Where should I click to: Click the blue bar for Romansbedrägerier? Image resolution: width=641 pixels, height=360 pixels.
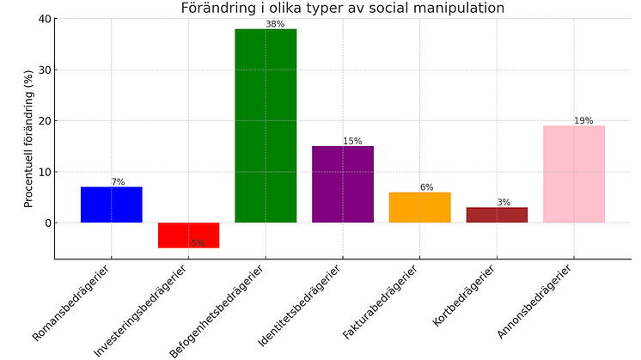[x=111, y=204]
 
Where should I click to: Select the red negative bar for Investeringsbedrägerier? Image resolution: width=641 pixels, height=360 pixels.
[x=188, y=235]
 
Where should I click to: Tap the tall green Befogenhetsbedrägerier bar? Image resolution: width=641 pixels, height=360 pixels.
[x=266, y=125]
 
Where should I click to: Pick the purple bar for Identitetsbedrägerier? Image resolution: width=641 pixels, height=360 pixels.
[x=342, y=184]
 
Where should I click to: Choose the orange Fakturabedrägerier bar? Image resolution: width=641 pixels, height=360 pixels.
[x=419, y=207]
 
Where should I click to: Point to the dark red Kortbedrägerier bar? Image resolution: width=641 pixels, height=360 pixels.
[x=497, y=215]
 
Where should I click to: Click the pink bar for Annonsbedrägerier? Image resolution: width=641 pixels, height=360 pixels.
[x=574, y=174]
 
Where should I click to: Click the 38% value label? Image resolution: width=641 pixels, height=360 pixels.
[x=275, y=24]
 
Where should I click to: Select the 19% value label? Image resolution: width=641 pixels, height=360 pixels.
[x=583, y=121]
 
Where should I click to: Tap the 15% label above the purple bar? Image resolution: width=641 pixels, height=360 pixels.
[x=352, y=141]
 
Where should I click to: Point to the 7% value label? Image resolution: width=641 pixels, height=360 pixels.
[x=118, y=182]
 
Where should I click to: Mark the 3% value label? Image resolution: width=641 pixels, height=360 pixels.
[x=504, y=203]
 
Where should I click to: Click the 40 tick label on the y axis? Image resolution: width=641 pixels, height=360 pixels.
[x=44, y=19]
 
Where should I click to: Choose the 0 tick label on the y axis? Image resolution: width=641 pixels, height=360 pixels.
[x=47, y=223]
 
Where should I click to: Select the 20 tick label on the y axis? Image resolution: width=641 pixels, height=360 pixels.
[x=44, y=121]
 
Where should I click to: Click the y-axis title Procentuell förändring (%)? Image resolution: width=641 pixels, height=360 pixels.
[x=28, y=137]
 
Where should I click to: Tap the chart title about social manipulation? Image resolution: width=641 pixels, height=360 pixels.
[x=342, y=8]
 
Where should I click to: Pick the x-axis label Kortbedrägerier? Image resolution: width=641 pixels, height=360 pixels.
[x=467, y=296]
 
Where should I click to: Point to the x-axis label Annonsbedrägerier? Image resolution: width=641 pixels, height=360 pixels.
[x=535, y=301]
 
